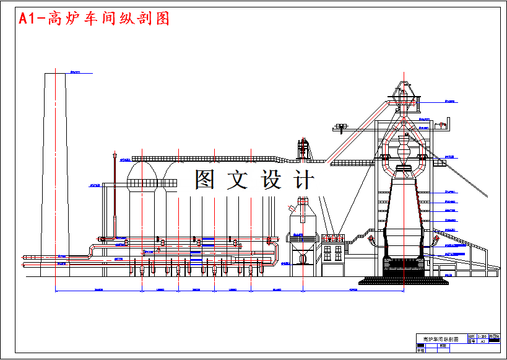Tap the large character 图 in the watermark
coord(206,180)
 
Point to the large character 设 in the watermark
coord(271,180)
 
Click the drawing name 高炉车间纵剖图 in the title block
coord(440,340)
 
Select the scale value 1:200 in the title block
coord(482,336)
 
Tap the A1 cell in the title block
coord(482,341)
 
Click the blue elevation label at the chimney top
coord(76,72)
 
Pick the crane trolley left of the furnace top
coord(339,128)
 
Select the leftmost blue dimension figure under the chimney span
coord(98,290)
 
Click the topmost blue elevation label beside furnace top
coord(450,100)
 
